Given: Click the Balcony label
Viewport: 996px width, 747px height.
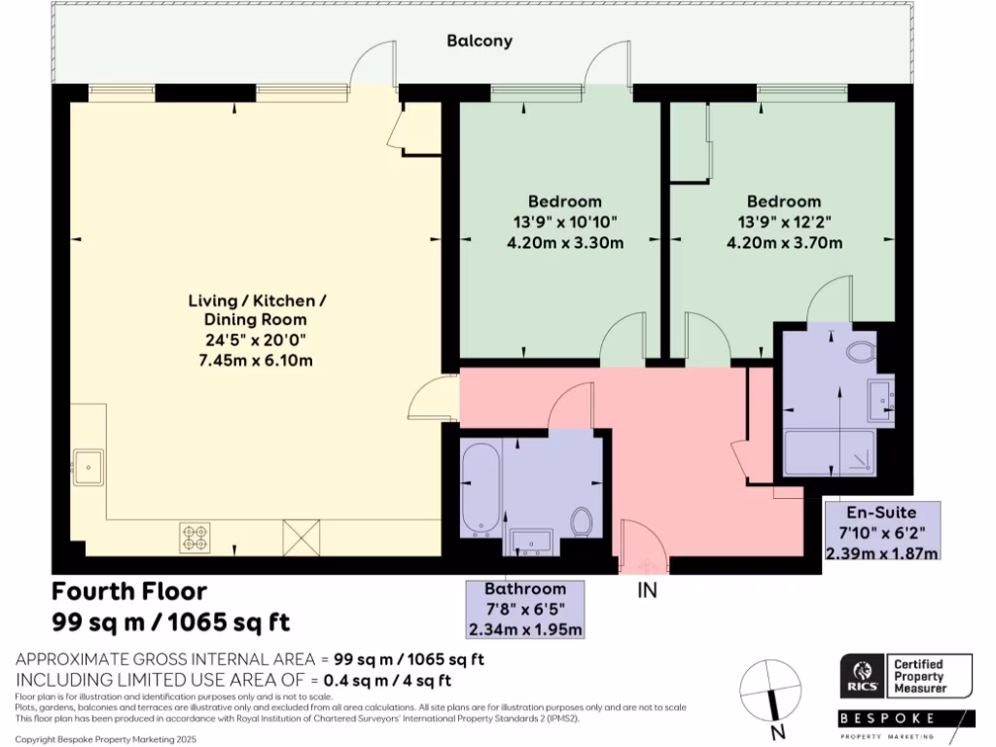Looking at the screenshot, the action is tap(479, 41).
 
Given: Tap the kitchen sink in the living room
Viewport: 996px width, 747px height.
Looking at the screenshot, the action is tap(89, 468).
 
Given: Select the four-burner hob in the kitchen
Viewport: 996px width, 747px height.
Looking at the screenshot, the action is tap(195, 537).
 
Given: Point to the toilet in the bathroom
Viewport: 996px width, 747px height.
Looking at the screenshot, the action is tap(582, 521).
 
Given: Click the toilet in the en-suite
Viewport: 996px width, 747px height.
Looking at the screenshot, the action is tap(861, 352).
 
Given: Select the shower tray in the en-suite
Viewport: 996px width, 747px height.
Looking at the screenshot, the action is tap(829, 453).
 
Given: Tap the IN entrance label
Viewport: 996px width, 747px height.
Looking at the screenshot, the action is tap(647, 590).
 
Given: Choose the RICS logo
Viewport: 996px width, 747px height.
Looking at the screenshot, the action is tap(864, 676).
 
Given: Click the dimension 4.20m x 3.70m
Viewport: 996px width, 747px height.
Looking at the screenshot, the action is tap(784, 242).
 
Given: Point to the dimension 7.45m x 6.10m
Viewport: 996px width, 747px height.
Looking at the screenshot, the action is tap(256, 361).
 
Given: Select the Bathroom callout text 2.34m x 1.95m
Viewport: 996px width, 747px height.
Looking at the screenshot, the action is tap(524, 629).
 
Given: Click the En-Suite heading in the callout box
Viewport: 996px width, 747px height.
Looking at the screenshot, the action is tap(881, 513).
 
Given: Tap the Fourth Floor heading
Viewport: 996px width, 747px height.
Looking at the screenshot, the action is tap(129, 591).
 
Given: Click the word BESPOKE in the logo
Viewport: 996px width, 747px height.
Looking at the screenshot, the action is tap(887, 719).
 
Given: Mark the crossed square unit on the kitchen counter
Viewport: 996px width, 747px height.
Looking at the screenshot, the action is tap(302, 537).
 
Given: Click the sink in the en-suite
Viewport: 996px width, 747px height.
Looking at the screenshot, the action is tap(881, 401).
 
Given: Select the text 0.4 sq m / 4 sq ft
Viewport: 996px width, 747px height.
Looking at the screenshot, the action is tap(387, 680).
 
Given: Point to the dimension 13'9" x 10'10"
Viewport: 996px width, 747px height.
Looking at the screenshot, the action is tap(565, 223).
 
